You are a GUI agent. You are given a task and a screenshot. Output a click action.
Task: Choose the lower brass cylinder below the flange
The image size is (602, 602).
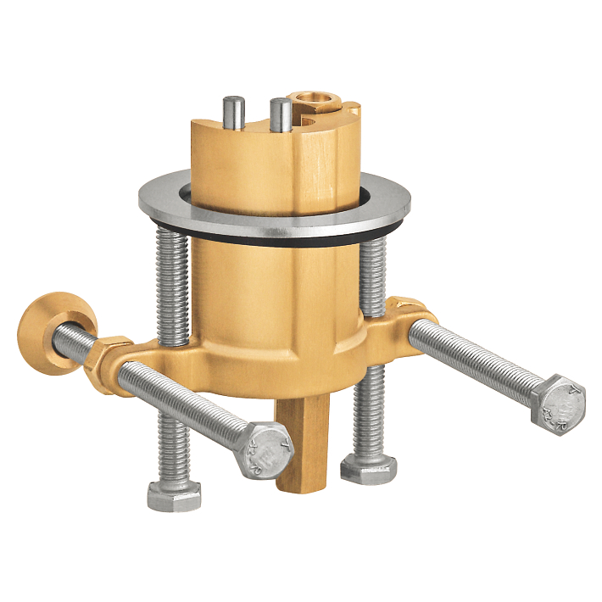271,288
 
